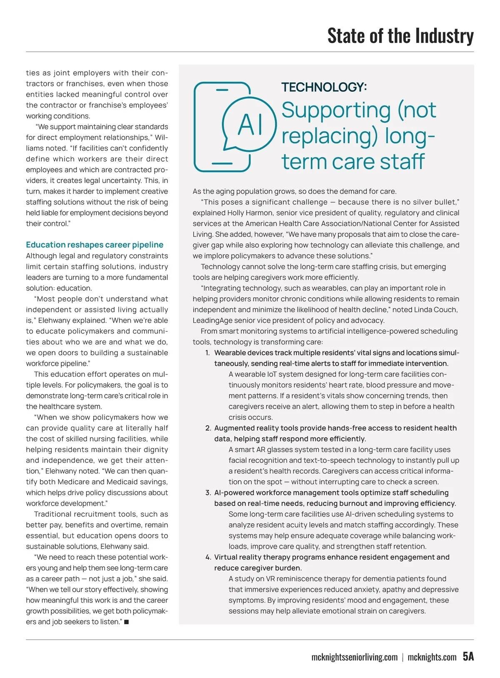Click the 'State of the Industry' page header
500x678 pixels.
400,36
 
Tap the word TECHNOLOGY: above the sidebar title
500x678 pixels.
324,87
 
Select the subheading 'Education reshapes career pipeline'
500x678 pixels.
95,245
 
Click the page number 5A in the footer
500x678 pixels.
468,657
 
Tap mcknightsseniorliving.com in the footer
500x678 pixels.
355,658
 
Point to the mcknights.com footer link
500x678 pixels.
432,658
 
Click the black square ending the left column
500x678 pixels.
126,622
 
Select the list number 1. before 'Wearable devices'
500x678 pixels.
207,353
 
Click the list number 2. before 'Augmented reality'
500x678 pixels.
208,428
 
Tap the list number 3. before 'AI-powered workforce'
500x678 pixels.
208,493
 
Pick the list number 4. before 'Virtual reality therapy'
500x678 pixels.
208,557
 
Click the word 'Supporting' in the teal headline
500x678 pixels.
336,110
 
